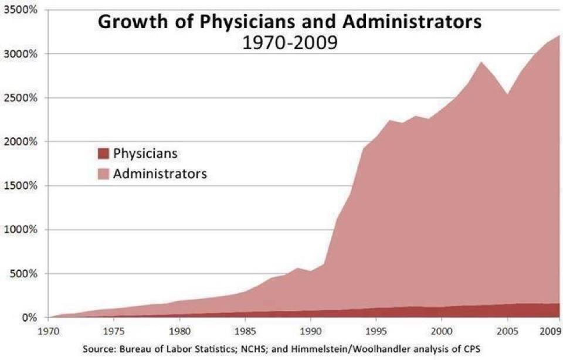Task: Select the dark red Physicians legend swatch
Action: (x=103, y=154)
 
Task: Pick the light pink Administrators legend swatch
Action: (x=103, y=174)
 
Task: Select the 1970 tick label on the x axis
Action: (x=49, y=330)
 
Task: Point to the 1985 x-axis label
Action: (x=246, y=330)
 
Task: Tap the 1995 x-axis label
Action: (x=377, y=330)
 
